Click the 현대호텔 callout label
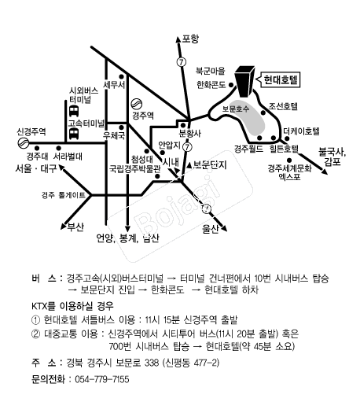(x=281, y=79)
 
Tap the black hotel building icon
(x=244, y=81)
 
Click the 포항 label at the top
(x=190, y=39)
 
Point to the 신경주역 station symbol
(x=23, y=143)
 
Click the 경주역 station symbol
(x=137, y=104)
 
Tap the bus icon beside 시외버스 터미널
(x=74, y=111)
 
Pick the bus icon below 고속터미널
(x=74, y=134)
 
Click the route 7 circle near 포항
(x=181, y=62)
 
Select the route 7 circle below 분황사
(x=187, y=147)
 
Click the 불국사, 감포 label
(x=332, y=157)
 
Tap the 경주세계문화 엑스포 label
(x=289, y=172)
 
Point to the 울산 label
(x=210, y=229)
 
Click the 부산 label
(x=75, y=227)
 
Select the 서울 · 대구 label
(x=36, y=168)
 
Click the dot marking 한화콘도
(x=231, y=85)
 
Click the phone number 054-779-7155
(x=102, y=379)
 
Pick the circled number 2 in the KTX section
(x=35, y=334)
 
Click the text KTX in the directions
(x=39, y=306)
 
